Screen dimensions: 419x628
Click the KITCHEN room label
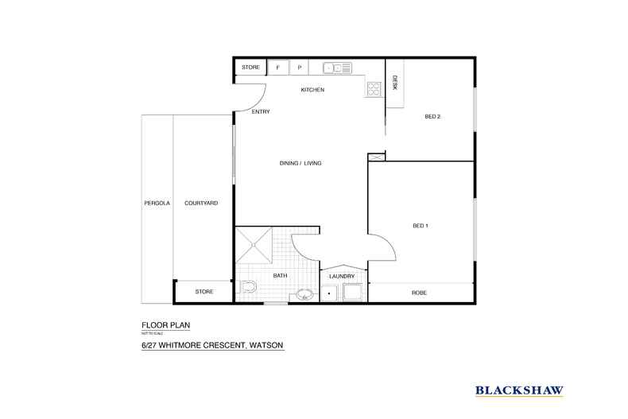pos(312,90)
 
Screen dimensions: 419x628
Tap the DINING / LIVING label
pos(300,163)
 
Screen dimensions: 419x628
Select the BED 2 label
pos(432,117)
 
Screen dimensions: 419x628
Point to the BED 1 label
pos(421,226)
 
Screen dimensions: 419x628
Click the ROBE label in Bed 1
pos(420,293)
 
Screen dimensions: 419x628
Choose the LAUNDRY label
pos(342,276)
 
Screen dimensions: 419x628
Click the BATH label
pos(280,276)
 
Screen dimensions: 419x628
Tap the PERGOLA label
pos(157,204)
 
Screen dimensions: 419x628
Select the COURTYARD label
pos(201,204)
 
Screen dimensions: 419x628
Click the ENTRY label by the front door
pos(260,112)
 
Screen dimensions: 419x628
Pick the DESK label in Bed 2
pos(395,83)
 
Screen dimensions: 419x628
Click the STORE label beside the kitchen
pos(251,68)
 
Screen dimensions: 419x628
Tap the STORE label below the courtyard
pos(204,293)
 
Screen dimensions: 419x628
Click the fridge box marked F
pos(277,68)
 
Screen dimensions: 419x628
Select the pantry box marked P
pos(300,68)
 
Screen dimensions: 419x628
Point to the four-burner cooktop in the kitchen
pos(374,89)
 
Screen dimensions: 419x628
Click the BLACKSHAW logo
pos(519,390)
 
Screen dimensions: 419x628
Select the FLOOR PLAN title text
pos(165,325)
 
